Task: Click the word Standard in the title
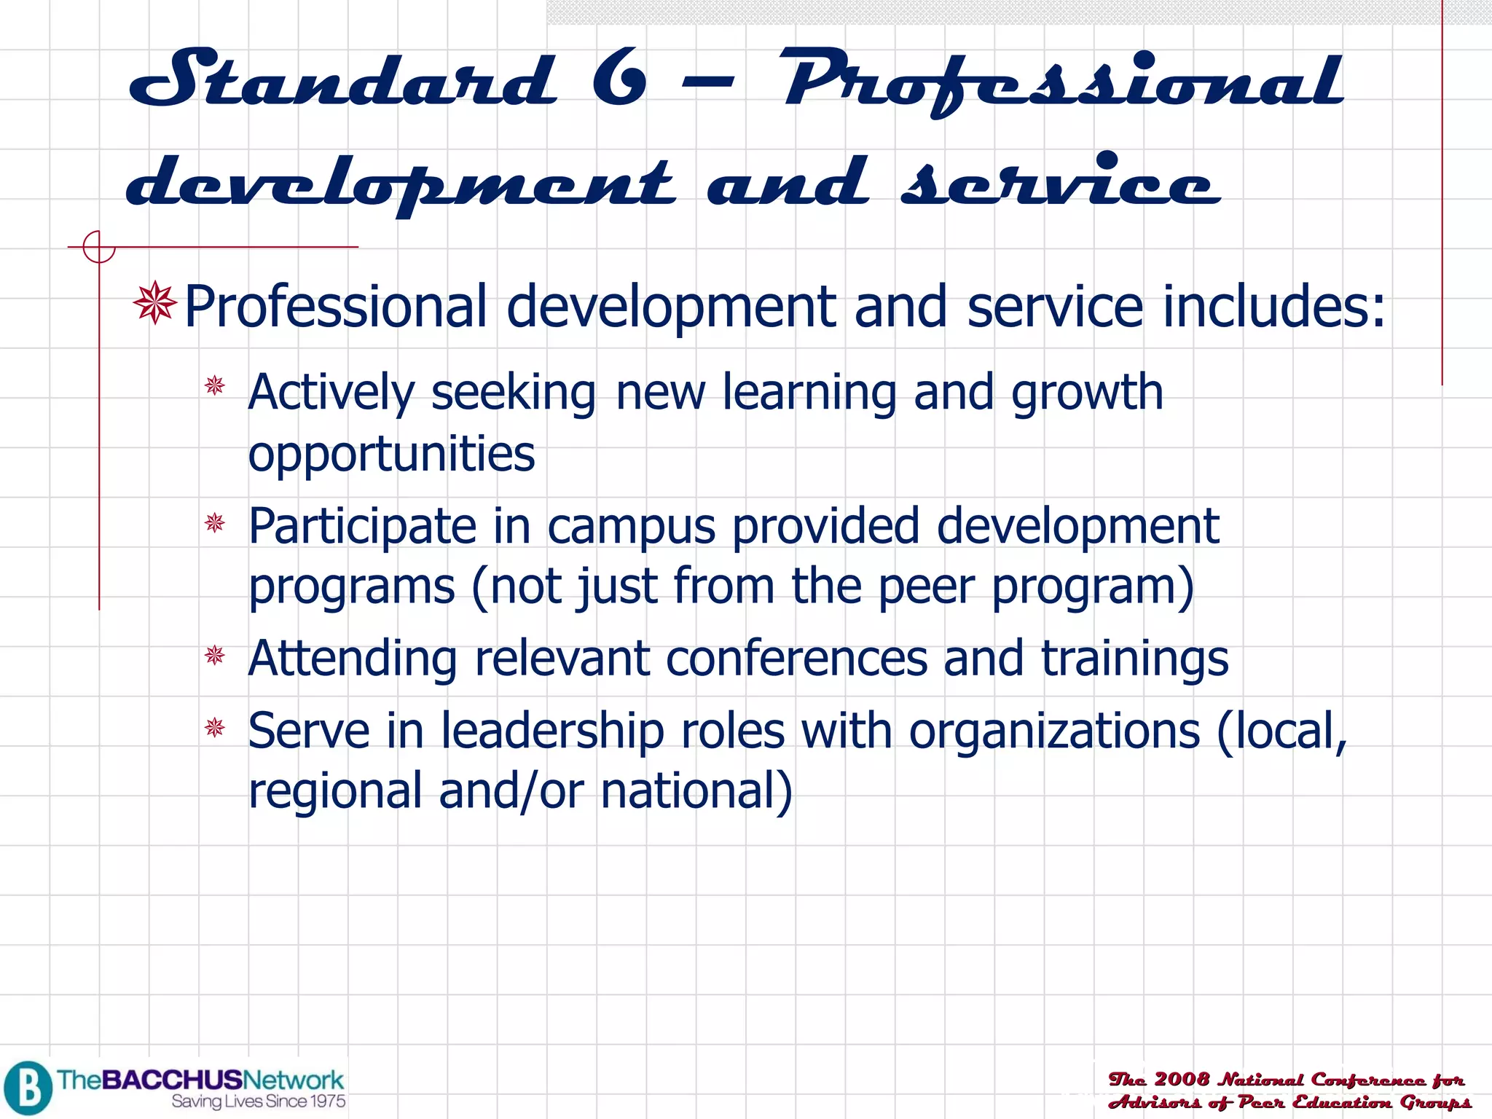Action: (x=342, y=79)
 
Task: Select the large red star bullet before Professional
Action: (x=155, y=303)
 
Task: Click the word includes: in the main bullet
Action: (x=1274, y=306)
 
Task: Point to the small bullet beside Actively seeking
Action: (x=215, y=385)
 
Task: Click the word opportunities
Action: (x=391, y=454)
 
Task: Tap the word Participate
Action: (x=361, y=526)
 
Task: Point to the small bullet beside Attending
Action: (x=215, y=656)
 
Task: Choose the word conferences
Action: (x=796, y=658)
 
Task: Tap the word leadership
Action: (x=552, y=731)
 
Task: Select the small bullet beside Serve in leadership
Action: (x=215, y=727)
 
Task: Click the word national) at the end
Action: (x=696, y=791)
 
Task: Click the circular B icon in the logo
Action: (x=28, y=1088)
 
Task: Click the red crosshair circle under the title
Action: (x=98, y=247)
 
